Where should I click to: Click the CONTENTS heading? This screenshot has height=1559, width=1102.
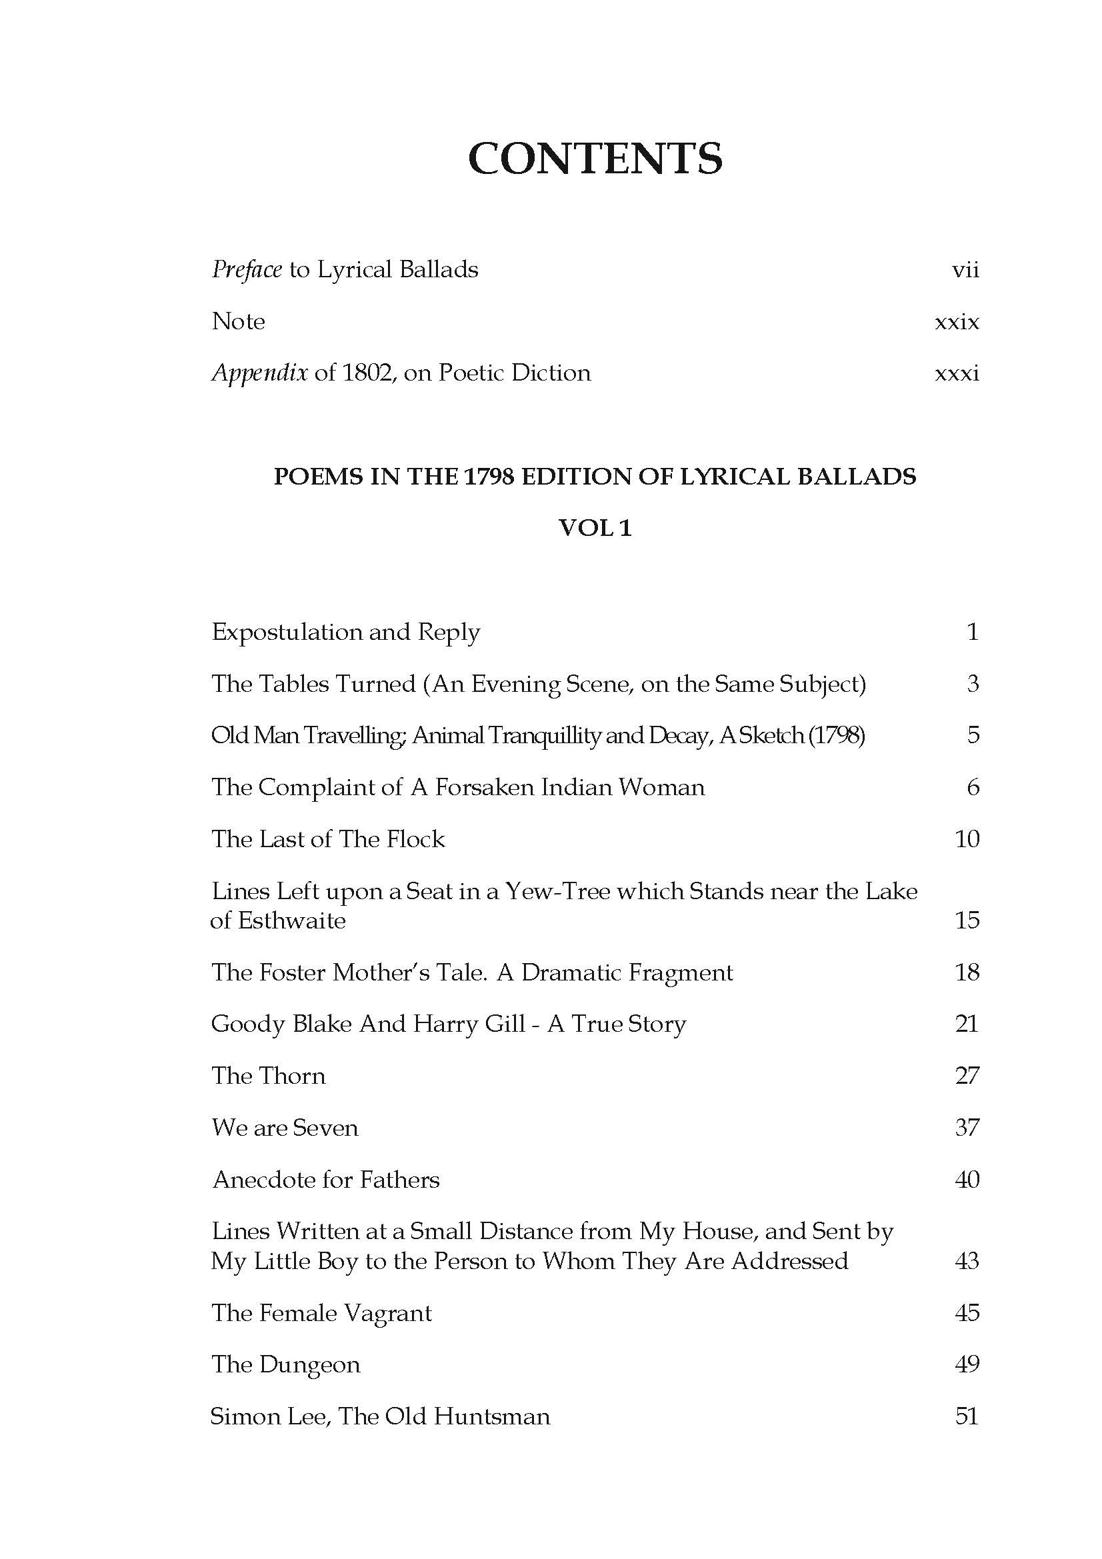coord(595,159)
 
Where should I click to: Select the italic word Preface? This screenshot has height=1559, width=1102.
coord(247,270)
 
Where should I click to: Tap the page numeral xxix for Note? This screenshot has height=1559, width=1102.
coord(957,322)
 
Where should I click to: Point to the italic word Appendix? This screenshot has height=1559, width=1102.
coord(260,373)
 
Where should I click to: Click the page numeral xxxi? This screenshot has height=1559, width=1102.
coord(957,373)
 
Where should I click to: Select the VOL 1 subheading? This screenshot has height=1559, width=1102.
coord(595,528)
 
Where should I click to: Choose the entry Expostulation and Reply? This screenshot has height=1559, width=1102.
coord(345,632)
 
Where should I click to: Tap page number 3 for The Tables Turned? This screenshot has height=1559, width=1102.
coord(972,684)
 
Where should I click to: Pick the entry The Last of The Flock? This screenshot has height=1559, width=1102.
coord(328,839)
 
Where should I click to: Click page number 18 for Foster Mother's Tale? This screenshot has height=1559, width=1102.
coord(967,972)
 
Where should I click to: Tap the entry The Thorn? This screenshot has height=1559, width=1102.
coord(268,1076)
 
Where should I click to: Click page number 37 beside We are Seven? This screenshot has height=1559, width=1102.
coord(967,1128)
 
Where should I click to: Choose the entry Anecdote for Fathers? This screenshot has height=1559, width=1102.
coord(326,1180)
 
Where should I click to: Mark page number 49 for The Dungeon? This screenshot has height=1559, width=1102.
coord(967,1365)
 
